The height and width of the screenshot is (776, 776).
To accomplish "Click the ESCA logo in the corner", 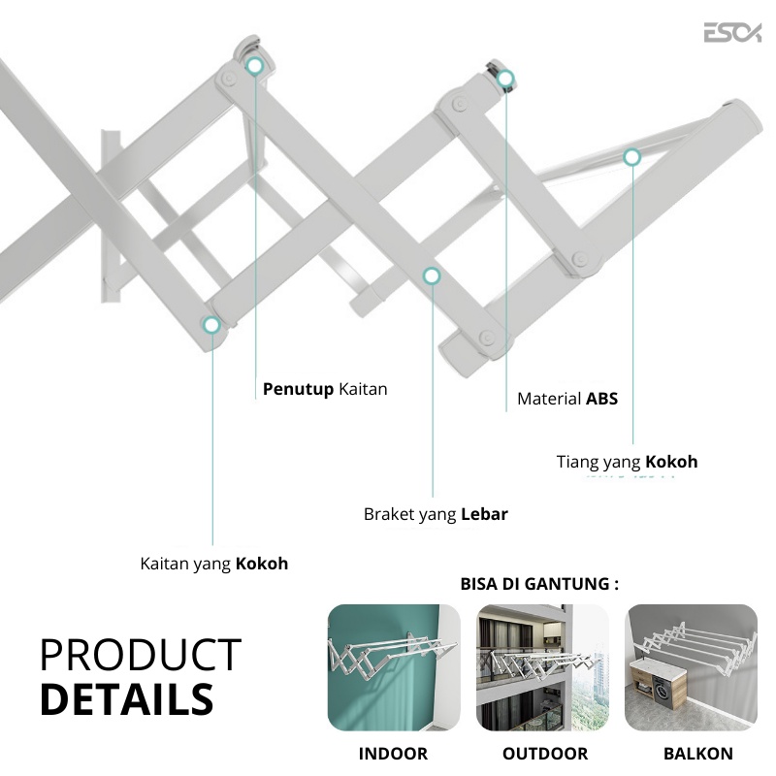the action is (732, 33).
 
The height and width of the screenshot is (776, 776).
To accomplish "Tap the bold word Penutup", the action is (299, 389).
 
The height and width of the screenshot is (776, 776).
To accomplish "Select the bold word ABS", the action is (601, 399).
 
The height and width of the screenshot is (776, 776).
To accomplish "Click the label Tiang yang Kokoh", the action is (627, 462).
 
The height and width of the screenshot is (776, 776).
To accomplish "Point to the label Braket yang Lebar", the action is (436, 514).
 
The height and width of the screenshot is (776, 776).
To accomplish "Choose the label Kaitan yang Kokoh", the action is (213, 563).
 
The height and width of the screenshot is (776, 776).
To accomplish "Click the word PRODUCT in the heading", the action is (141, 656).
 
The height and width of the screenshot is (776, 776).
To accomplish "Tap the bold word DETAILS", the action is (126, 698).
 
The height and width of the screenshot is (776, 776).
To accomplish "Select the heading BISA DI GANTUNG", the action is (539, 584).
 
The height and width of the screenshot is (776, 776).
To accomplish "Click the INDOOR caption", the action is (393, 754).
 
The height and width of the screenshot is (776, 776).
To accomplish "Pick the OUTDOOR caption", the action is (544, 754).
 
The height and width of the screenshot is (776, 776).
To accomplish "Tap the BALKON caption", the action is (697, 754).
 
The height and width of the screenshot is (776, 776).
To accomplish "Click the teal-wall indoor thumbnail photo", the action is (394, 668).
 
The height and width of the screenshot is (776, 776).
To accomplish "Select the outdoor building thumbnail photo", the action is (542, 668).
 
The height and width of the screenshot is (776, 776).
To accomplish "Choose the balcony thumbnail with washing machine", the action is (692, 668).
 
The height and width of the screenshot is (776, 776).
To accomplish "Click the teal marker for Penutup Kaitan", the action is (255, 66).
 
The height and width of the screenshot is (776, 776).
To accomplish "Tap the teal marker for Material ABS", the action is (505, 80).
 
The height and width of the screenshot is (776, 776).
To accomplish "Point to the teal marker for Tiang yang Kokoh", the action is (631, 156).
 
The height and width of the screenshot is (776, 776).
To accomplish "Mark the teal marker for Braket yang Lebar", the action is (432, 276).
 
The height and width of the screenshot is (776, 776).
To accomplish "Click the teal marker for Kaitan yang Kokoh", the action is (211, 326).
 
